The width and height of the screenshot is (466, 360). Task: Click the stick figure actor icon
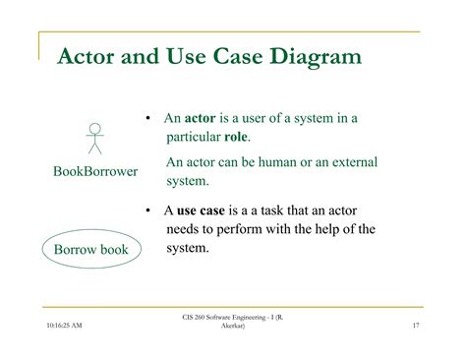click(x=94, y=139)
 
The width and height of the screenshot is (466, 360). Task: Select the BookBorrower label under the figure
click(x=94, y=172)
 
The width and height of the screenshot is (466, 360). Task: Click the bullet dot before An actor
click(x=146, y=119)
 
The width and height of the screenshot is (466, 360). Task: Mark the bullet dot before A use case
click(x=146, y=210)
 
